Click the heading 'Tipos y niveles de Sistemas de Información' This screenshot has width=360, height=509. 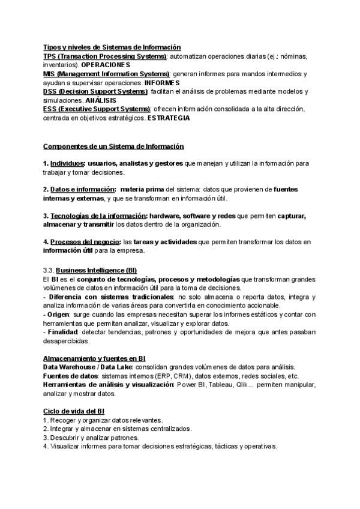pyautogui.click(x=112, y=47)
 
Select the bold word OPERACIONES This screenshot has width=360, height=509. pyautogui.click(x=106, y=64)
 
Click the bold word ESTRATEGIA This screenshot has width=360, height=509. pyautogui.click(x=169, y=118)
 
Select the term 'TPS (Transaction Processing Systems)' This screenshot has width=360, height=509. pyautogui.click(x=105, y=56)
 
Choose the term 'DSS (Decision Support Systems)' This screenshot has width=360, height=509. pyautogui.click(x=95, y=91)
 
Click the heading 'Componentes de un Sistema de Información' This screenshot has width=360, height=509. pyautogui.click(x=113, y=146)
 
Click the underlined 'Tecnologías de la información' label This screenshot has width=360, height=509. pyautogui.click(x=98, y=216)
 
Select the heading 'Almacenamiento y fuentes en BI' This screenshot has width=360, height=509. pyautogui.click(x=94, y=358)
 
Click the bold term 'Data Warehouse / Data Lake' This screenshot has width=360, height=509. pyautogui.click(x=88, y=367)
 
